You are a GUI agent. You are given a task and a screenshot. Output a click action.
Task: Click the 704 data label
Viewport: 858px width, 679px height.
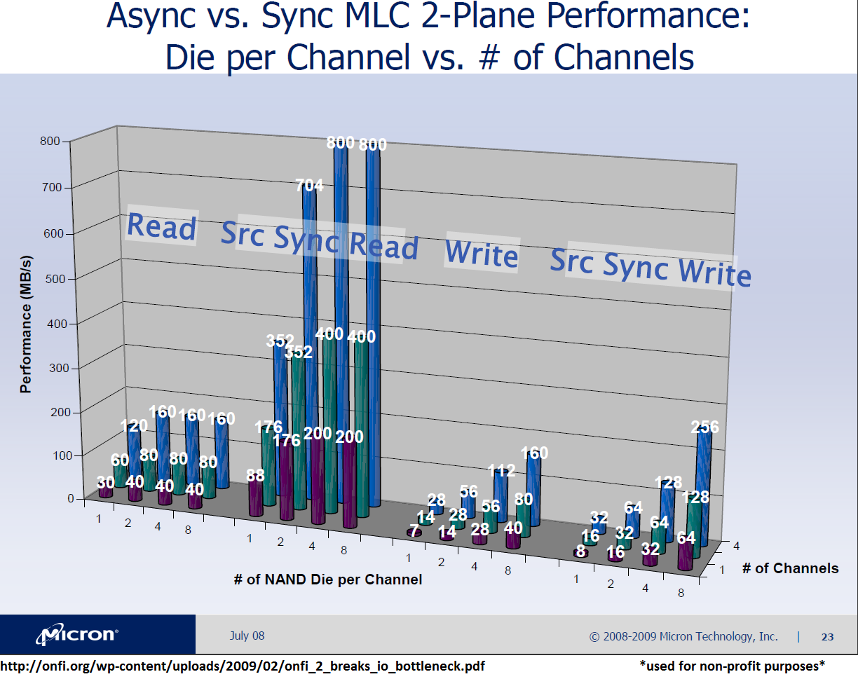[x=309, y=186]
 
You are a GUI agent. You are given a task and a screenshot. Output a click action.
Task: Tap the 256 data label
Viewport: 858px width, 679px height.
[x=705, y=427]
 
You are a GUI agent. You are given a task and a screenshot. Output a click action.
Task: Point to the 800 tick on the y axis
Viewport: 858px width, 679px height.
[x=50, y=141]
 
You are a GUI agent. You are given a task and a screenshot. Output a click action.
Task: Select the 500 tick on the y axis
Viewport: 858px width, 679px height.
[x=55, y=278]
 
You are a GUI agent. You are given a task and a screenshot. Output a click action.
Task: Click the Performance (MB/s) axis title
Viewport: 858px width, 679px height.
[x=26, y=324]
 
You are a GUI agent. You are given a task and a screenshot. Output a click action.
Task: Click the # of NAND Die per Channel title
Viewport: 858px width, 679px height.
[x=328, y=579]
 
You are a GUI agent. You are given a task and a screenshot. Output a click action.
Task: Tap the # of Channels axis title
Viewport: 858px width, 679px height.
[x=790, y=568]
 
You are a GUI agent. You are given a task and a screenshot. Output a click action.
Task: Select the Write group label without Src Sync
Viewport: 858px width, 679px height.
[x=482, y=254]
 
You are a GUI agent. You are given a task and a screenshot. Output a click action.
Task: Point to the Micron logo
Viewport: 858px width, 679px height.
[x=77, y=634]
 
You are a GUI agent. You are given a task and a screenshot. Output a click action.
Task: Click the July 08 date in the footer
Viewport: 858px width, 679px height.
[x=247, y=636]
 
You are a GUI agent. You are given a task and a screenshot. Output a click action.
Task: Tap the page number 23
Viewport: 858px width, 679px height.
[x=827, y=637]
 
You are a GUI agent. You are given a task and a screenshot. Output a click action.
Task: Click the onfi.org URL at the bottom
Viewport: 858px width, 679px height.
[x=243, y=666]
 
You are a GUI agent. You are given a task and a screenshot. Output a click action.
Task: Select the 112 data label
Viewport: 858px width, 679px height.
[x=502, y=470]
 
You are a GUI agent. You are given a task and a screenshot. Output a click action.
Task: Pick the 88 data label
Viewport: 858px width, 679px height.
[x=255, y=475]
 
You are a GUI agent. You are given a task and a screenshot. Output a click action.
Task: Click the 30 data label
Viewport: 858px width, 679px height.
[x=106, y=483]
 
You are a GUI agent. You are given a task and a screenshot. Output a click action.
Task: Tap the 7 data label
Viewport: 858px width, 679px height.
[x=415, y=530]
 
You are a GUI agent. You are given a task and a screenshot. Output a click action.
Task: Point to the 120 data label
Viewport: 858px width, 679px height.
[x=134, y=426]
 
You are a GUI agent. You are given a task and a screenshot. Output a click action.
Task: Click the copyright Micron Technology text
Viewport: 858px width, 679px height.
[x=683, y=636]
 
